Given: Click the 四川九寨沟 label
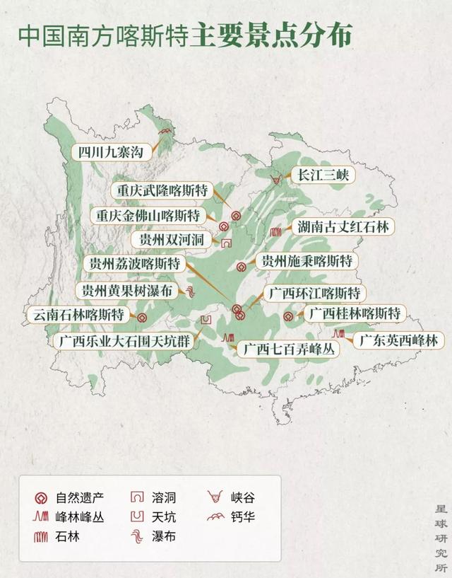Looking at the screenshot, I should [112, 151].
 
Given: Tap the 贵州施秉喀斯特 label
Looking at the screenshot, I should [306, 260].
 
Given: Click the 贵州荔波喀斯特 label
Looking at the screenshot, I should [134, 264].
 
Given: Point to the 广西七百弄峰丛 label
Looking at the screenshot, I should [288, 348].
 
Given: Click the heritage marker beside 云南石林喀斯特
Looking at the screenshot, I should [142, 318].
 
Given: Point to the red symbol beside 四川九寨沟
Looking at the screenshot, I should [166, 132].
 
